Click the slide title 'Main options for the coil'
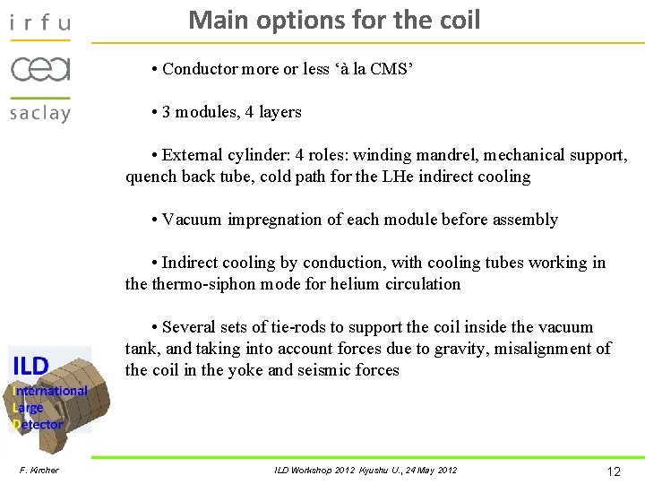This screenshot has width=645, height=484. tap(334, 20)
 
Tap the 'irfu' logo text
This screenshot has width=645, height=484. tap(39, 22)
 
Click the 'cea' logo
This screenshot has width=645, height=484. tap(40, 68)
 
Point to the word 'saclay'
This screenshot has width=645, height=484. tap(39, 113)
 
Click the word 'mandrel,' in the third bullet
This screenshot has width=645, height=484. tap(439, 155)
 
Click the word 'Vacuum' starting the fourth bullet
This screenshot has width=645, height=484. tap(193, 220)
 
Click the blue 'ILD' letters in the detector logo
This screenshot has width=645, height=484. tap(30, 366)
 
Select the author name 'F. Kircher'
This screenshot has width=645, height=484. tap(39, 470)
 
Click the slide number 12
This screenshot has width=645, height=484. tap(614, 471)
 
